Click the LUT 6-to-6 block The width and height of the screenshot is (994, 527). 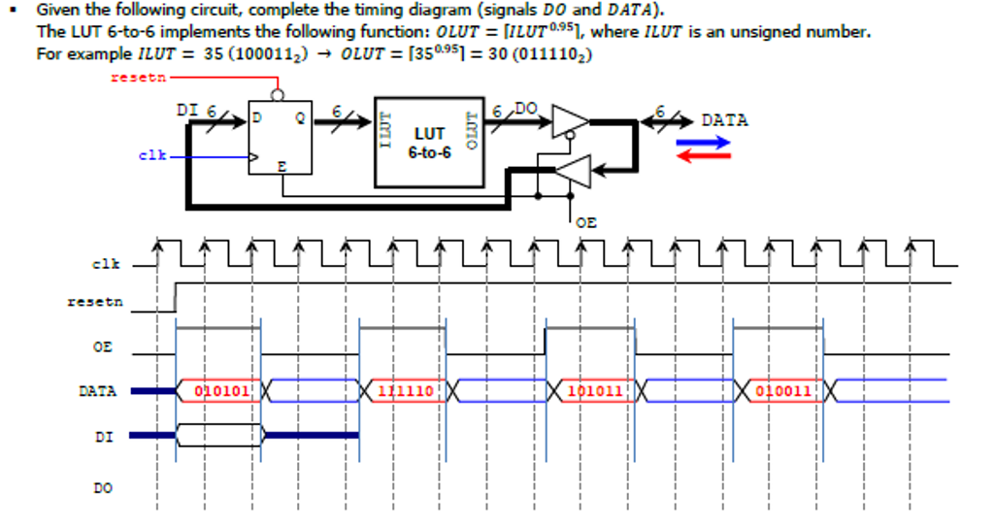pos(429,142)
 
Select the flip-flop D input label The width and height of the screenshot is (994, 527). pos(257,118)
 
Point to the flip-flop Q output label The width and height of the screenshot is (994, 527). pos(300,118)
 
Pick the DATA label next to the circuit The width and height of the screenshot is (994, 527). pos(724,120)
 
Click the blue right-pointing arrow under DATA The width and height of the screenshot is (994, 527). pos(703,142)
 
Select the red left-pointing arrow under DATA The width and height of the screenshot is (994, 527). pos(703,156)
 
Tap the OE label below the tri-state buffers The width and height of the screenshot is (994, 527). pos(585,222)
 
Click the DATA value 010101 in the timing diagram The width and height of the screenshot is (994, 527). pos(222,391)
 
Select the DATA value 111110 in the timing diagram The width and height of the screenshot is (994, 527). pos(406,391)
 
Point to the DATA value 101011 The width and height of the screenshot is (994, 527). pos(595,391)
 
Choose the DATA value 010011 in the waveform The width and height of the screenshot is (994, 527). pos(781,391)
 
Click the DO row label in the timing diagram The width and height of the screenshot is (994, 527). pos(103,487)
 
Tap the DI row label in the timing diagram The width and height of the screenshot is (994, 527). pos(103,437)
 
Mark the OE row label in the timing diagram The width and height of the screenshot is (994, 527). pos(103,346)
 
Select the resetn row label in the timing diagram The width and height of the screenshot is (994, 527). pos(95,302)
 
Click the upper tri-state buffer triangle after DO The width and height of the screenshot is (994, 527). pos(569,120)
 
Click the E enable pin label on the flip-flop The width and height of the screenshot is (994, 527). pos(282,167)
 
